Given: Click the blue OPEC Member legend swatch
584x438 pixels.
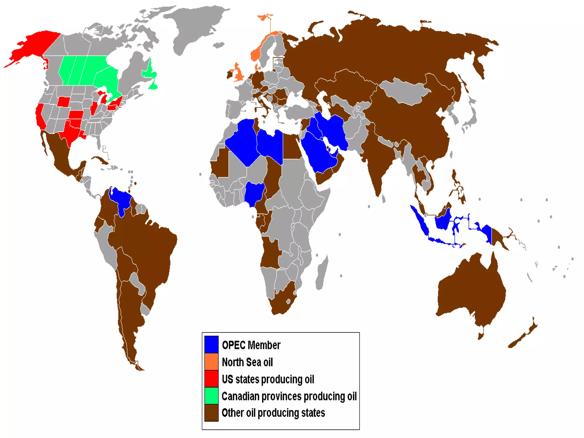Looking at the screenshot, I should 211,344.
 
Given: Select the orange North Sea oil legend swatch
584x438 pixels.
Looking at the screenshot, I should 211,362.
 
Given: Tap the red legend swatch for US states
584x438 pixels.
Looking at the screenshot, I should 211,379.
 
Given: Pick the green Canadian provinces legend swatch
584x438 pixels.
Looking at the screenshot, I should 211,396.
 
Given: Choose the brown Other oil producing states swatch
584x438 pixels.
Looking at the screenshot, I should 211,413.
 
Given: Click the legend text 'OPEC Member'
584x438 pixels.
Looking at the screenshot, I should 251,345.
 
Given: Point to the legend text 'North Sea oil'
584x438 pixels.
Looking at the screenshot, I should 247,362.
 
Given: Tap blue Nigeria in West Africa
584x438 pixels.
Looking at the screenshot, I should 254,192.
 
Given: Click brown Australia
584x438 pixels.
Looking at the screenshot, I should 471,291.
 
